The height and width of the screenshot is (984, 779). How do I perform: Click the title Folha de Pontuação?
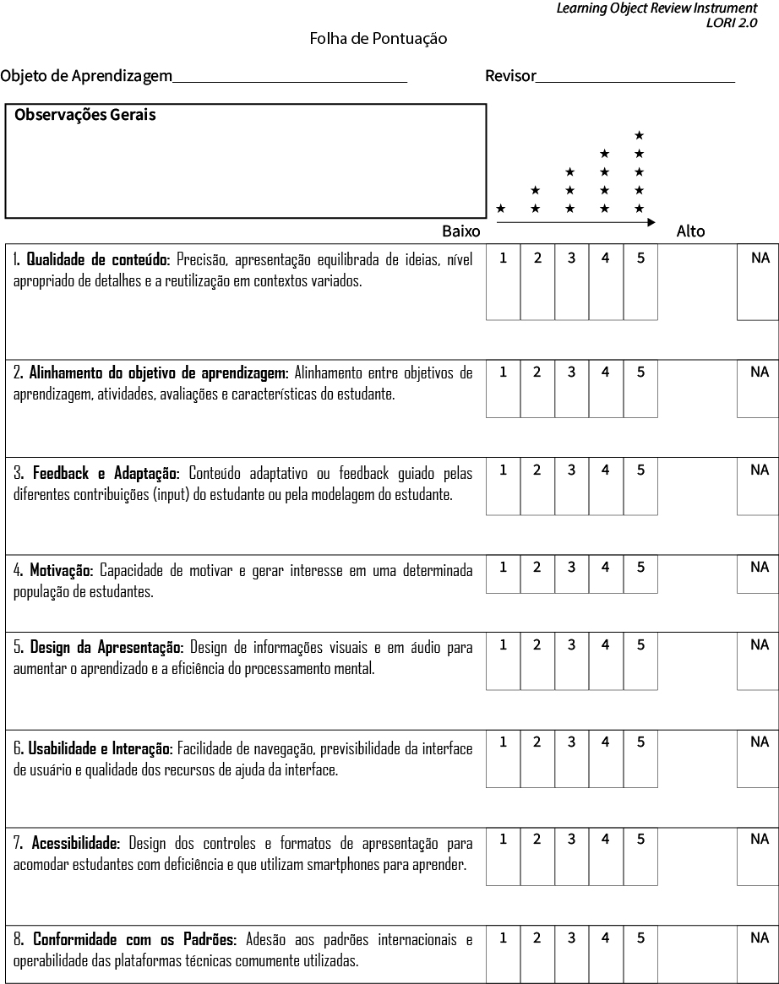point(378,39)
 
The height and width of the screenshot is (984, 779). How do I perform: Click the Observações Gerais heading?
point(85,115)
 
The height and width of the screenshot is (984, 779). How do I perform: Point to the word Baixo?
point(460,231)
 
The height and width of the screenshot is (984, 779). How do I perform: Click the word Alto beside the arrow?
point(690,231)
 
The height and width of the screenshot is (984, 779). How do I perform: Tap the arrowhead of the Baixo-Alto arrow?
point(651,222)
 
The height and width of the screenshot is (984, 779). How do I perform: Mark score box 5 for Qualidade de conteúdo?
point(640,283)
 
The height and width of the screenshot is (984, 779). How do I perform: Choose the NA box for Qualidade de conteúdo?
point(758,283)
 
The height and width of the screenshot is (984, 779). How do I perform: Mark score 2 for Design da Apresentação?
point(537,662)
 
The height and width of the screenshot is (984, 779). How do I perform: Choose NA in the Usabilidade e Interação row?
point(758,759)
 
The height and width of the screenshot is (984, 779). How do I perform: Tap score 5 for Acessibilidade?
point(640,856)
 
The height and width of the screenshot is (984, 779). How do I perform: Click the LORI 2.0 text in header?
point(732,23)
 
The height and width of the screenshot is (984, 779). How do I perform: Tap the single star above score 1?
point(501,208)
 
